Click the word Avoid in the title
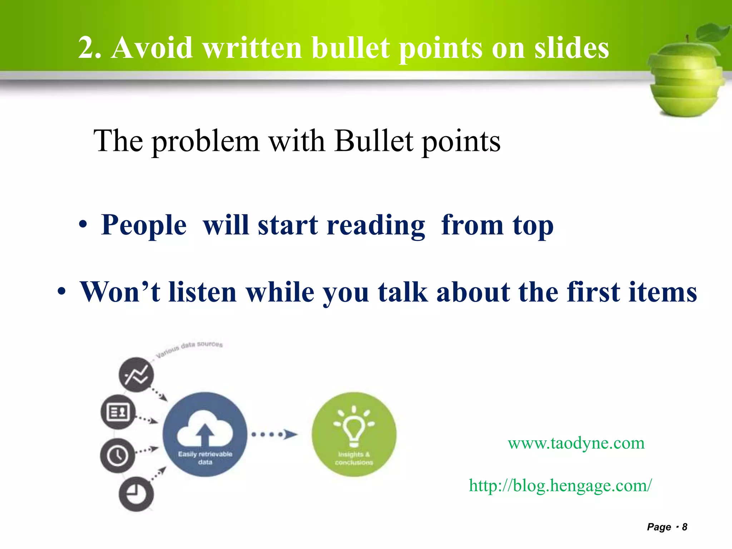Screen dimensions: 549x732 click(x=152, y=48)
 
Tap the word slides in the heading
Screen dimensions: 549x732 click(x=572, y=48)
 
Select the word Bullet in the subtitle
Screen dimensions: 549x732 click(x=374, y=141)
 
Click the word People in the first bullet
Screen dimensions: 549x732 click(x=144, y=225)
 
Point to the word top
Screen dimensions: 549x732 click(x=533, y=226)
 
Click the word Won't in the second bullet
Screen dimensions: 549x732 click(x=120, y=292)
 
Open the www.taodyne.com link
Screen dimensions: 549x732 click(x=576, y=443)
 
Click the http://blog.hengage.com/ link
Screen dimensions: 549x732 click(x=560, y=485)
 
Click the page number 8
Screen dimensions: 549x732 click(x=684, y=527)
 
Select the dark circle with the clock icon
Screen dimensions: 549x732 click(x=118, y=455)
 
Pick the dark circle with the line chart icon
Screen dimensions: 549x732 click(x=136, y=375)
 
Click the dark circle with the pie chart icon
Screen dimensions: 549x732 click(x=136, y=494)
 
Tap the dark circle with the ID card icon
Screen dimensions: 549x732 click(x=118, y=412)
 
